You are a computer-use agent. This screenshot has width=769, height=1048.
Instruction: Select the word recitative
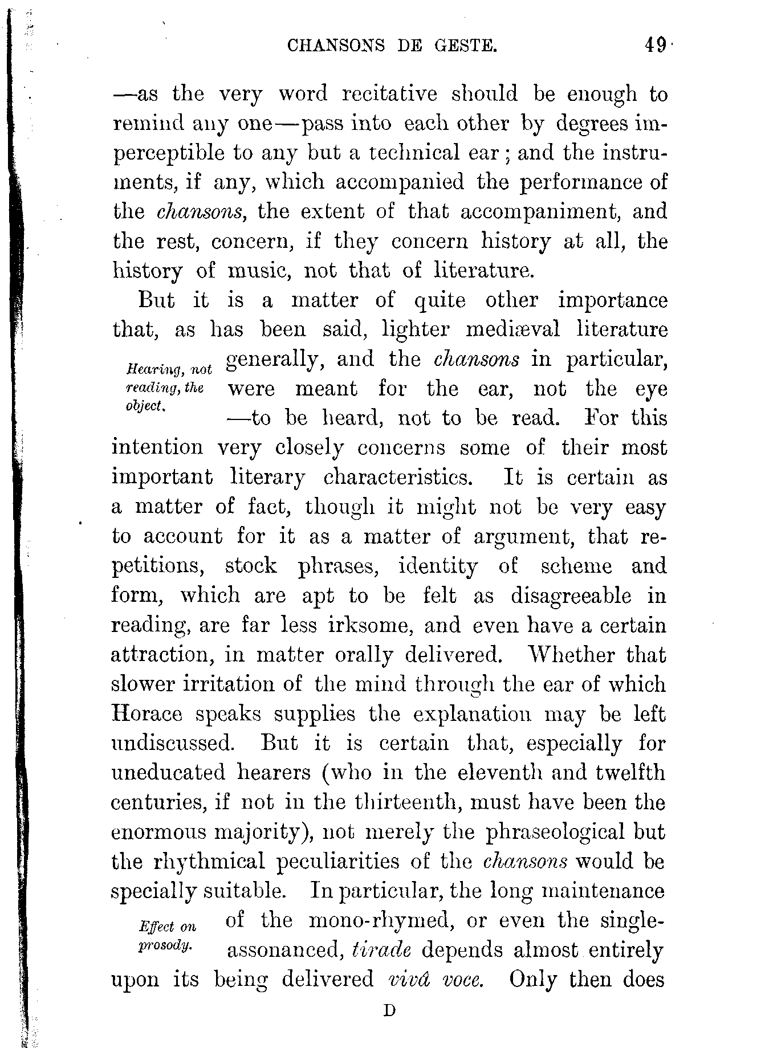(389, 94)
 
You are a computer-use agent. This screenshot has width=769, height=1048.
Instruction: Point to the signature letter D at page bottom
(389, 1011)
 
